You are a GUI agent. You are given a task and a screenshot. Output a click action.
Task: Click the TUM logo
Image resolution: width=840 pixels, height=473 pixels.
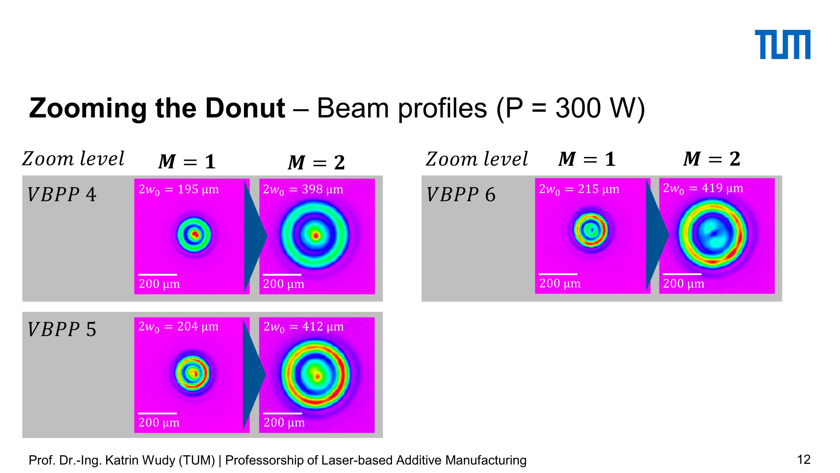[783, 44]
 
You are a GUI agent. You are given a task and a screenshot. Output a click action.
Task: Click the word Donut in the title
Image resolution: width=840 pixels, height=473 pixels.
[245, 108]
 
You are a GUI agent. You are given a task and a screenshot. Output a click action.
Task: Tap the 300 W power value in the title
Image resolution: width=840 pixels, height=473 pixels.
[595, 108]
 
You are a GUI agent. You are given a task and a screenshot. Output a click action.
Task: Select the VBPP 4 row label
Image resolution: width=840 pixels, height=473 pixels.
[62, 194]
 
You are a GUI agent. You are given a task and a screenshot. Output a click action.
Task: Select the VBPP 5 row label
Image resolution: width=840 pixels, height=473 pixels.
[62, 329]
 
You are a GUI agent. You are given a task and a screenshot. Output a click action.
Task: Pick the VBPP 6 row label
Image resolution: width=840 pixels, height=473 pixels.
[461, 194]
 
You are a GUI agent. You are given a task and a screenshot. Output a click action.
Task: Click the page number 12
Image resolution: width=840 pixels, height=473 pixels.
[804, 460]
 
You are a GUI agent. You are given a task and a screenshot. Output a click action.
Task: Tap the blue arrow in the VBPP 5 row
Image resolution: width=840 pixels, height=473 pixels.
[254, 375]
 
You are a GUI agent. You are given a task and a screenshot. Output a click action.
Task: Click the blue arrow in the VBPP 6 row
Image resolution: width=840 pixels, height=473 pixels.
[657, 235]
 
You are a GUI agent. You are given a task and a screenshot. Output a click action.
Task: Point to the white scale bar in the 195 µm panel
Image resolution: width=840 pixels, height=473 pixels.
[157, 275]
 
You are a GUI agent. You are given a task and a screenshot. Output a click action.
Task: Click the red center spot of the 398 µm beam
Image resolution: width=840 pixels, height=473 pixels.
[316, 235]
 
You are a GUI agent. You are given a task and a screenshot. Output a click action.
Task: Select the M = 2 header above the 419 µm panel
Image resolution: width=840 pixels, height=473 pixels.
[712, 159]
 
